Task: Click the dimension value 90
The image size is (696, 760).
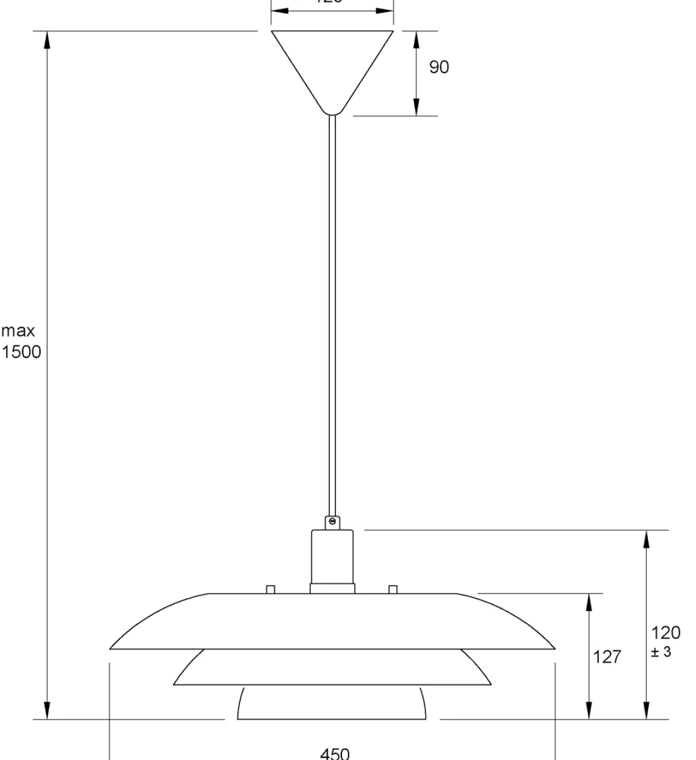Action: (x=439, y=67)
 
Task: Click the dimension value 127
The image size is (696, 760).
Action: (x=607, y=657)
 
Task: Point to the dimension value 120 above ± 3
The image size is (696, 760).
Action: (x=666, y=633)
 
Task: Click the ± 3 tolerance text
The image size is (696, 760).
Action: (x=661, y=651)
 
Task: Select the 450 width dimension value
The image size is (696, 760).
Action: (x=334, y=753)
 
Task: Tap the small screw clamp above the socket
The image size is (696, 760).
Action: (x=332, y=523)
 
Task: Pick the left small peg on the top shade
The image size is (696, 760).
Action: (x=271, y=589)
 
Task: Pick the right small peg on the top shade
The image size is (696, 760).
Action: (x=393, y=589)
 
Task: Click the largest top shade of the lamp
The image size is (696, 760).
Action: (x=332, y=621)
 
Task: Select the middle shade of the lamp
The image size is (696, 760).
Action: (x=332, y=667)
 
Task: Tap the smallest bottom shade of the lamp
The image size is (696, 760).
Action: (x=332, y=703)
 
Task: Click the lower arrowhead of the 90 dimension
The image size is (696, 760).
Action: (x=416, y=107)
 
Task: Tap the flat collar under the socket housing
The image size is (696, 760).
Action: (x=332, y=588)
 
